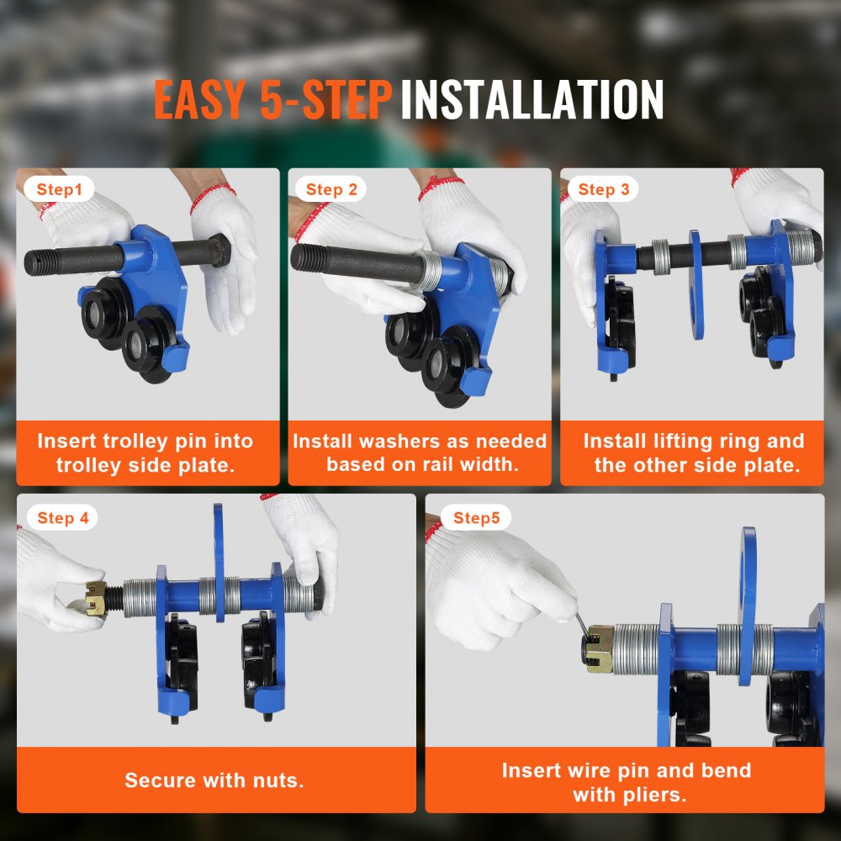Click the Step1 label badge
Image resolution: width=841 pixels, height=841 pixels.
(x=60, y=190)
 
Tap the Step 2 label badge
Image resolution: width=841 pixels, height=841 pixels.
(x=331, y=190)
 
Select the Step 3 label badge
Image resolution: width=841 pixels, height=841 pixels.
(x=603, y=190)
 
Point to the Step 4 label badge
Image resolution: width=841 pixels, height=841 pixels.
(x=63, y=518)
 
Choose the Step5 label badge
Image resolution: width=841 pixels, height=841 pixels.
(x=476, y=518)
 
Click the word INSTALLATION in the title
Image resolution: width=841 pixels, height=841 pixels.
(x=532, y=100)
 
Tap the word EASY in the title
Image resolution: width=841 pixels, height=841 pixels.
(x=200, y=100)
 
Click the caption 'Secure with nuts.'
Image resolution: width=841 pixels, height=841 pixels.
(x=214, y=780)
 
